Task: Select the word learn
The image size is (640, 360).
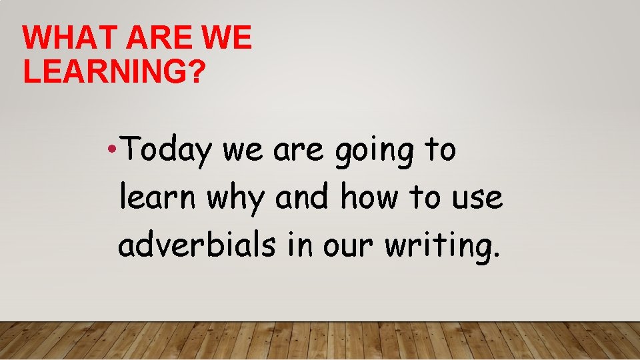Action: click(x=158, y=198)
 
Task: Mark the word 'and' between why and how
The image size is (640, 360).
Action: click(x=303, y=198)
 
